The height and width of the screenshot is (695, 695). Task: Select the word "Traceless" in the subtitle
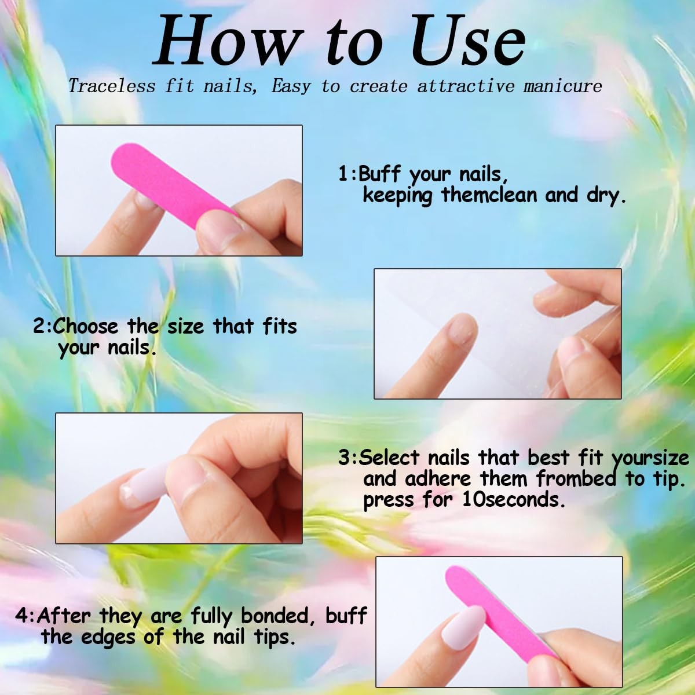coord(112,86)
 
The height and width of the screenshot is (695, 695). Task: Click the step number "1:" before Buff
coord(348,174)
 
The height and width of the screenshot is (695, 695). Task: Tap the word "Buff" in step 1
coord(380,173)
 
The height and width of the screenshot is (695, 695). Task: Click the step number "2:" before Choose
coord(42,327)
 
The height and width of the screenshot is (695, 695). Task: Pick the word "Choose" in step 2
coord(86,326)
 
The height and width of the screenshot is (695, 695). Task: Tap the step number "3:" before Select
coord(348,458)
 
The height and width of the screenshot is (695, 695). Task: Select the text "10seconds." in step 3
coord(513,500)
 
